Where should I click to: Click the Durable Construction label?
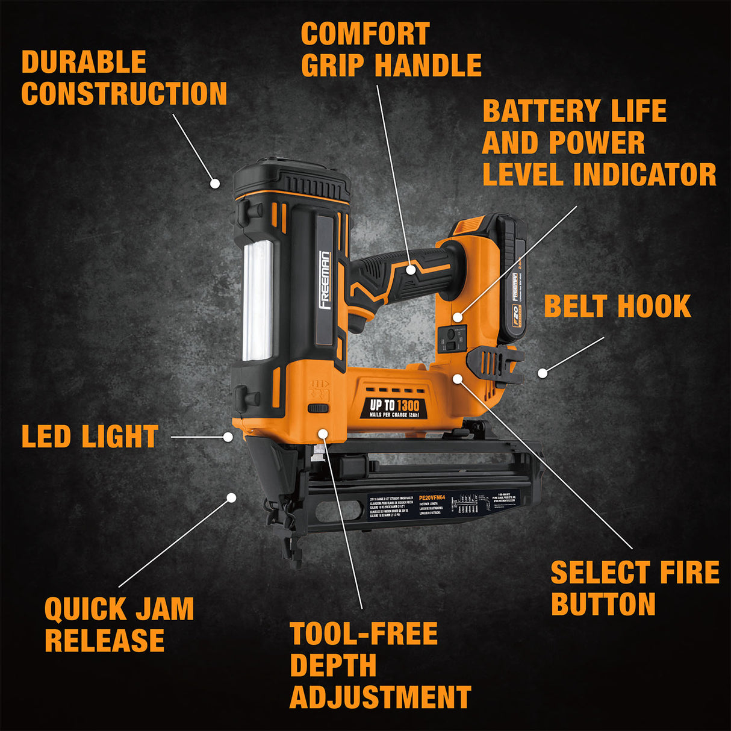(123, 78)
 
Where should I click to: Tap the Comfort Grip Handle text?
(390, 50)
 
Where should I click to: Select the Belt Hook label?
(617, 306)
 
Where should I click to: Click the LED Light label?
(90, 437)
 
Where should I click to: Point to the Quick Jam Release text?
(119, 624)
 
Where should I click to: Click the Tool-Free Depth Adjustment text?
(379, 665)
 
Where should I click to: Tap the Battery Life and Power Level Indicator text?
(599, 143)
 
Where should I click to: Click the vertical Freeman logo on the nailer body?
(325, 280)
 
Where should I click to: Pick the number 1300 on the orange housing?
(408, 405)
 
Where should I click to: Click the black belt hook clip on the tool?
(493, 365)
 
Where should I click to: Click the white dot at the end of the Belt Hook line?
(542, 373)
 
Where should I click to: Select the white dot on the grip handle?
(411, 270)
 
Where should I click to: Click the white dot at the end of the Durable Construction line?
(214, 183)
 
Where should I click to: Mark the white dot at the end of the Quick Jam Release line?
(231, 497)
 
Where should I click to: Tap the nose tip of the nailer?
(295, 560)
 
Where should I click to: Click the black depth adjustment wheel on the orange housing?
(318, 408)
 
